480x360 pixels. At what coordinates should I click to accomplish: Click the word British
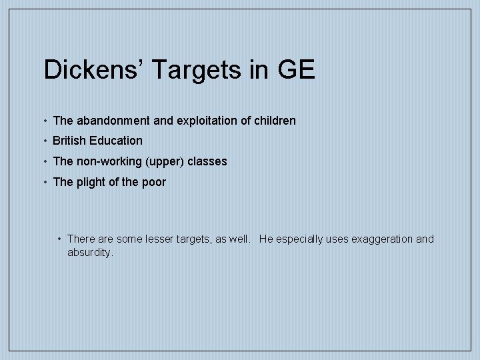69,141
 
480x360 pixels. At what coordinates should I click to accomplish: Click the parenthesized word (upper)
161,161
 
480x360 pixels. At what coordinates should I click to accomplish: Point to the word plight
90,182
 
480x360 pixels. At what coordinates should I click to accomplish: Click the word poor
153,182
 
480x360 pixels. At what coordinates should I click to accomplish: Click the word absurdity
90,253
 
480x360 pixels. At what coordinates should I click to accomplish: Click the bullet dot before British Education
44,141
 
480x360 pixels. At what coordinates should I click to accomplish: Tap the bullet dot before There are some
59,239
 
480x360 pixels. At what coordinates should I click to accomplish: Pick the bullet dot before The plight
44,182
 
